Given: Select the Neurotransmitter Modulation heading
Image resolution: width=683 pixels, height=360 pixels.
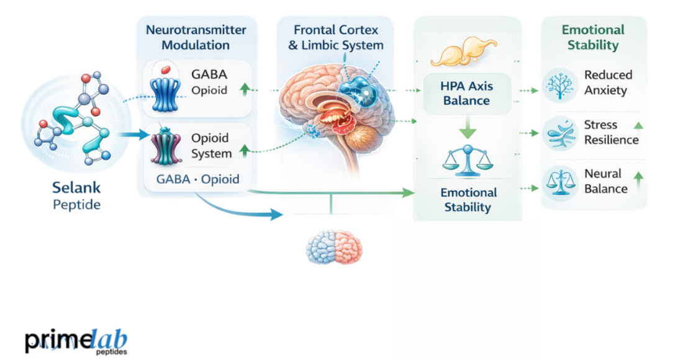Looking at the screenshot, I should tap(196, 37).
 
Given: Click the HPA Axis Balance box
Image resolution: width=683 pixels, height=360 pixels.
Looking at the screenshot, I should tap(467, 94).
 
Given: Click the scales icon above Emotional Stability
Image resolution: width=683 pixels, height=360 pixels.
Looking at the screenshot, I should tap(467, 161).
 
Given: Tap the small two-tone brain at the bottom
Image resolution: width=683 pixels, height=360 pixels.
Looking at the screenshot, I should tap(334, 248).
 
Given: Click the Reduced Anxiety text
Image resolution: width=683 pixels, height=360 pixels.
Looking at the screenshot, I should tap(608, 83).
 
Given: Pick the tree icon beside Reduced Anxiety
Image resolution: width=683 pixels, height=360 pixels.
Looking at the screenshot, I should tap(560, 85).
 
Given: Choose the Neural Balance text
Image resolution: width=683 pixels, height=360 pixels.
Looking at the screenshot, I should tap(605, 181).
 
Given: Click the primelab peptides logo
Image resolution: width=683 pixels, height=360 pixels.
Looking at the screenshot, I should tap(76, 341).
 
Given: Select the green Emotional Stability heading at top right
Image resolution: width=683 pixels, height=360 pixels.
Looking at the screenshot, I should tap(593, 37).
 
